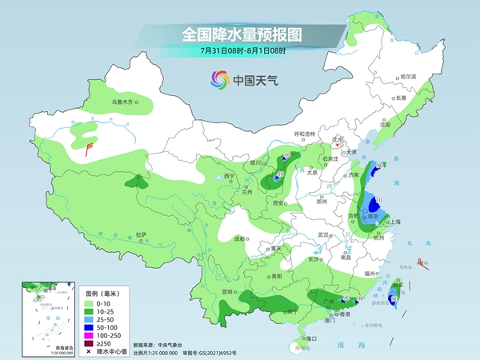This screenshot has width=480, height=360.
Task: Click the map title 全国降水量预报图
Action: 239,34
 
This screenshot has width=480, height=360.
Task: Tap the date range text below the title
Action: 239,51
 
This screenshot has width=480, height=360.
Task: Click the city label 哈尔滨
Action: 408,76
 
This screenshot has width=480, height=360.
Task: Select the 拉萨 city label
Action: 141,234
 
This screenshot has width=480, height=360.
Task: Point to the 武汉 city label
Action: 323,234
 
